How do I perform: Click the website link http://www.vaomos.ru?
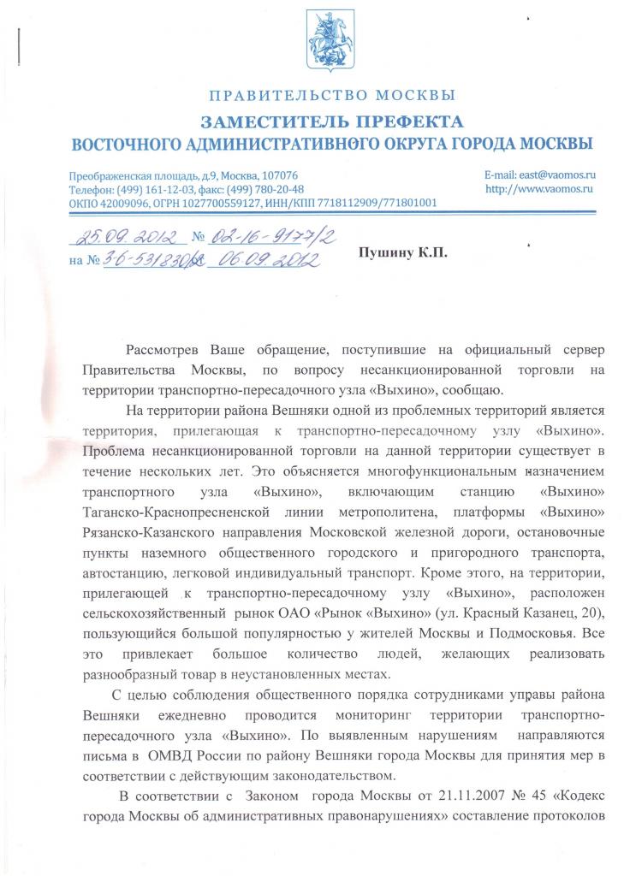539,188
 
